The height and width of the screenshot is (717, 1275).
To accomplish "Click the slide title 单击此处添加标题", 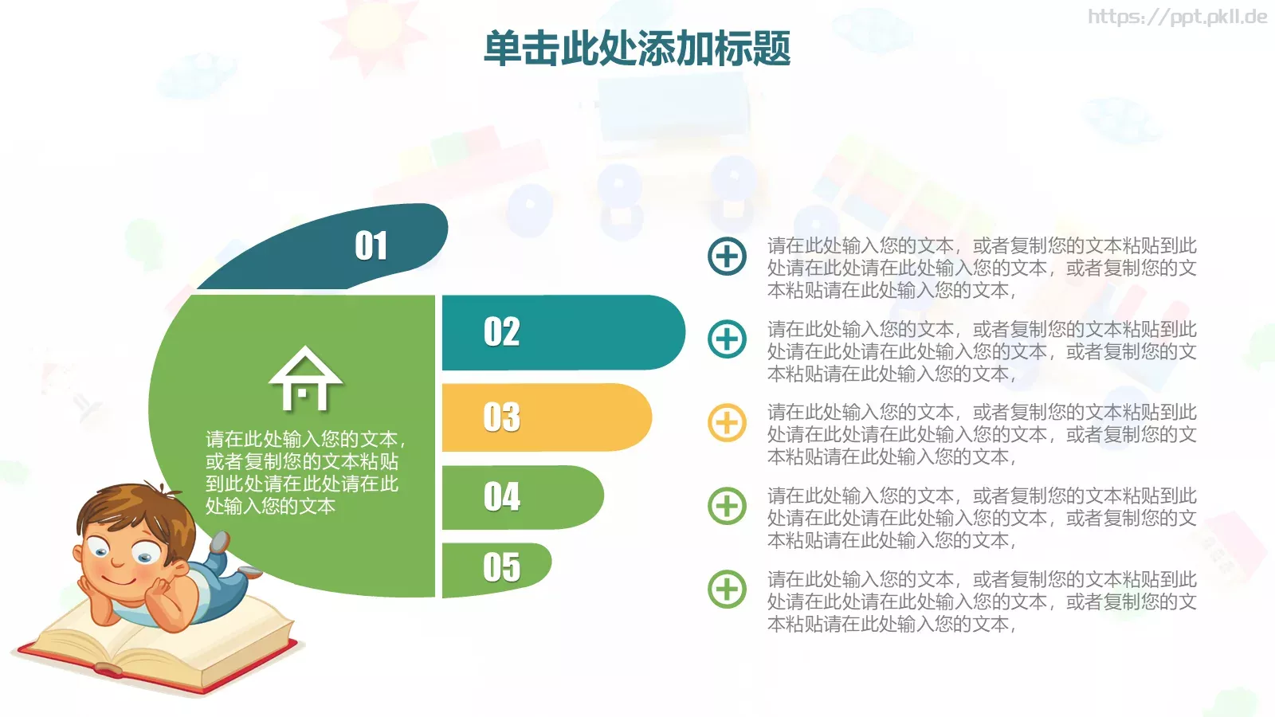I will click(637, 49).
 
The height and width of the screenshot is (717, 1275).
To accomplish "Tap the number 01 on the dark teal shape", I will click(371, 246).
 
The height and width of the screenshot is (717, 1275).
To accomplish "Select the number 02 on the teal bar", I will click(502, 332).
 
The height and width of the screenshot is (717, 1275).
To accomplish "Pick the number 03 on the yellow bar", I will click(502, 417).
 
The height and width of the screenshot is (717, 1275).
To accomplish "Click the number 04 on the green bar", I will click(502, 497).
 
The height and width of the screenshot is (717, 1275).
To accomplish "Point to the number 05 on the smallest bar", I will click(502, 567).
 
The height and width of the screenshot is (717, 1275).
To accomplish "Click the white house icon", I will click(306, 379).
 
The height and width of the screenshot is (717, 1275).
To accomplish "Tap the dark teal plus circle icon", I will click(727, 257).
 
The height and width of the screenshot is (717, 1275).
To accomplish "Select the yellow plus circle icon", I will click(727, 423).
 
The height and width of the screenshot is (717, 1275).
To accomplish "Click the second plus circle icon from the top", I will click(727, 339).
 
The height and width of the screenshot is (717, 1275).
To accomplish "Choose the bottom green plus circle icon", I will click(727, 590).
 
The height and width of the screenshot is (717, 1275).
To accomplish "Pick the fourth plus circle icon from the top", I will click(727, 506).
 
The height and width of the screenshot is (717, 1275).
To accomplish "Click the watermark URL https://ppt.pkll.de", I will click(1177, 17).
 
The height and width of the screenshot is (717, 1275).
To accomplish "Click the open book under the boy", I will click(159, 645).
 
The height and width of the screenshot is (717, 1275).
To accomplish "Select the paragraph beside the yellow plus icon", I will click(982, 434).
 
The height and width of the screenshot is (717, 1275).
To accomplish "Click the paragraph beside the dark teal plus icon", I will click(982, 268).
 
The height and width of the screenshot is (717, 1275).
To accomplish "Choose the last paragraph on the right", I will click(982, 601).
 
